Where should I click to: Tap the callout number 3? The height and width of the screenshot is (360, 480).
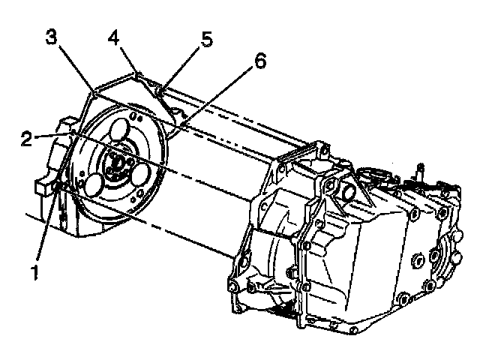[x=50, y=37]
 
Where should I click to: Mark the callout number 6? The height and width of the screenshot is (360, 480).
[x=259, y=61]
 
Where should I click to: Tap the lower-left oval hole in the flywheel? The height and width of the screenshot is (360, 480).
[x=96, y=184]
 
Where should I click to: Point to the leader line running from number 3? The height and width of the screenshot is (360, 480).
[x=75, y=71]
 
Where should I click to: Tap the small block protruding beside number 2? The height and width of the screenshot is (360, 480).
[x=67, y=122]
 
